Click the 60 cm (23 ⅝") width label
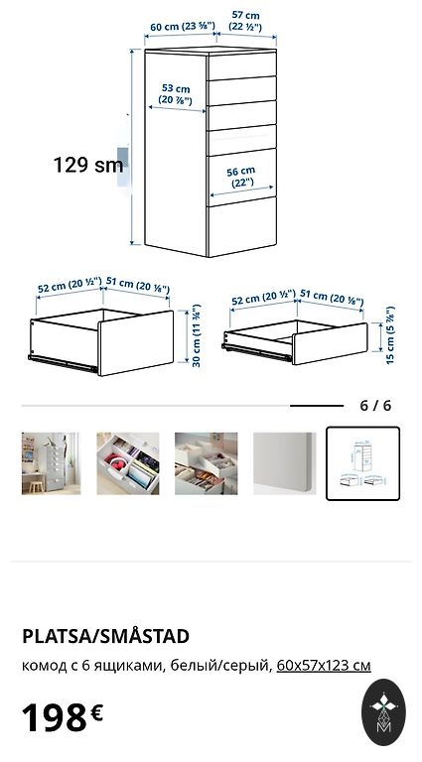click(183, 27)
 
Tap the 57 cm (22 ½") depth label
click(245, 21)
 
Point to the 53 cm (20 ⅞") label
click(176, 95)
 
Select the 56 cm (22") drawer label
click(240, 177)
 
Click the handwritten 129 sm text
click(88, 165)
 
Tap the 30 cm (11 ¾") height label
click(197, 335)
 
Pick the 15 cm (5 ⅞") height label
click(390, 334)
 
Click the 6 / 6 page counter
click(375, 405)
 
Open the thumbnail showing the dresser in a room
click(51, 463)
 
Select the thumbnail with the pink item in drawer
click(128, 463)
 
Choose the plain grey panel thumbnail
click(284, 463)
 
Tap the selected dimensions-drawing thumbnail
click(362, 463)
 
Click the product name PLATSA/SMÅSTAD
click(105, 636)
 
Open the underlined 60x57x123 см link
click(324, 666)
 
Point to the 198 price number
click(55, 717)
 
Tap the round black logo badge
click(383, 712)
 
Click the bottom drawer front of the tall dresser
click(242, 227)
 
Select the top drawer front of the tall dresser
click(242, 65)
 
